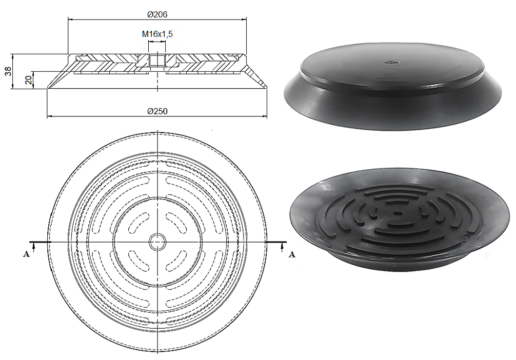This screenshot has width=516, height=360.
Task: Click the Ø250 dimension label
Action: (157, 111)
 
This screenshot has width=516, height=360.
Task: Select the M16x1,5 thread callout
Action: (157, 34)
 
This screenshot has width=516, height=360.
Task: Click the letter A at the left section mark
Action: (26, 254)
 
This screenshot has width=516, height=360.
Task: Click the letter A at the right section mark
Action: (292, 254)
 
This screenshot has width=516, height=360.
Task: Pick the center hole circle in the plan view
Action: (157, 241)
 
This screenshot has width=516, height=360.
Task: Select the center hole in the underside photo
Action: (396, 213)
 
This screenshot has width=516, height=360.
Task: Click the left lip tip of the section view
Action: (48, 88)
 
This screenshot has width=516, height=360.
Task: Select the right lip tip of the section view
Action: (267, 88)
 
